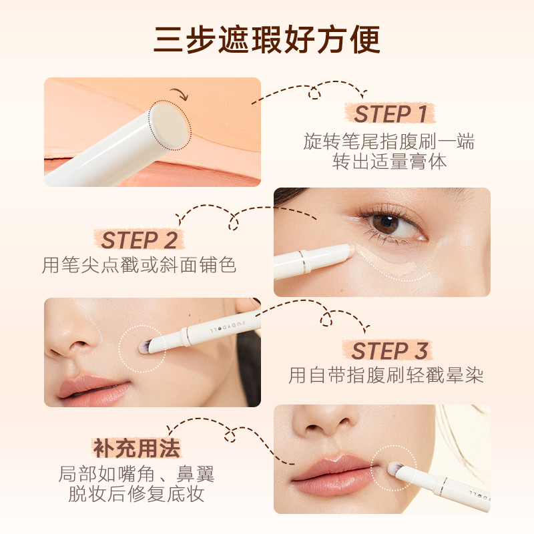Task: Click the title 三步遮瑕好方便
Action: coord(267,39)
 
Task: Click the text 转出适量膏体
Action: coord(390,162)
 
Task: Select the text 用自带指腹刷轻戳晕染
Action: coord(386,375)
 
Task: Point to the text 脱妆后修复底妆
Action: coord(137,495)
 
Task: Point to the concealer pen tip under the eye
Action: coord(348,250)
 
